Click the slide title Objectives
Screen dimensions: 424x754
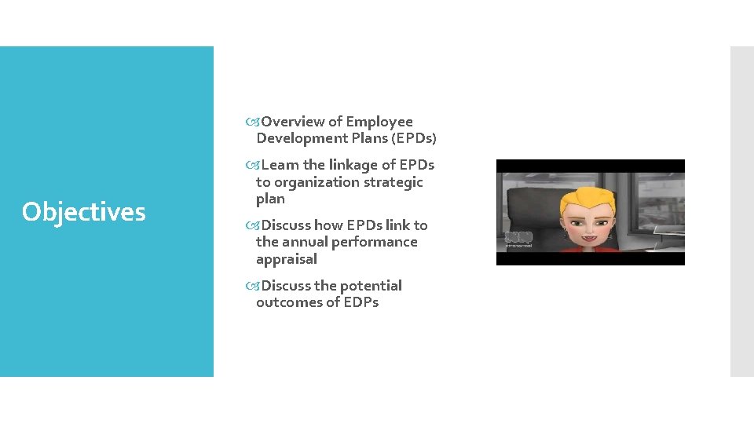(84, 212)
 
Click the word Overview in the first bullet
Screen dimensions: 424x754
(293, 122)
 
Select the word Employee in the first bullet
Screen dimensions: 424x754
(379, 122)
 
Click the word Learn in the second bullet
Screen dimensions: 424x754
(280, 165)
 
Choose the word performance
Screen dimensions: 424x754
(376, 242)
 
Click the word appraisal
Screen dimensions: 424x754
(287, 259)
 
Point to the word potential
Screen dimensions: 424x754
(371, 286)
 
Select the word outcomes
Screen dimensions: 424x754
(291, 302)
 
